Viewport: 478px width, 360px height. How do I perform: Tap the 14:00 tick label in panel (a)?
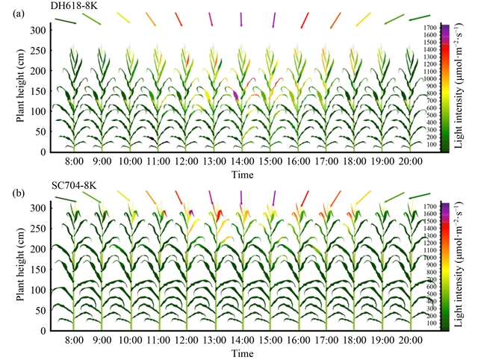(x=241, y=161)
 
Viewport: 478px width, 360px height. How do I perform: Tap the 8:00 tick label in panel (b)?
(x=73, y=340)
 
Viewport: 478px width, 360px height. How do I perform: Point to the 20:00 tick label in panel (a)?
(x=410, y=161)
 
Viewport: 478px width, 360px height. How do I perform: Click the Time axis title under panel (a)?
(x=241, y=173)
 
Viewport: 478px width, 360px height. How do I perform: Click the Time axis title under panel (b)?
(x=241, y=352)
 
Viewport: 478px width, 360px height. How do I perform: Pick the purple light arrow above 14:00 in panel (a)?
(x=241, y=19)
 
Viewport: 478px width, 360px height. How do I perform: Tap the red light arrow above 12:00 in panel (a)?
(x=179, y=19)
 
